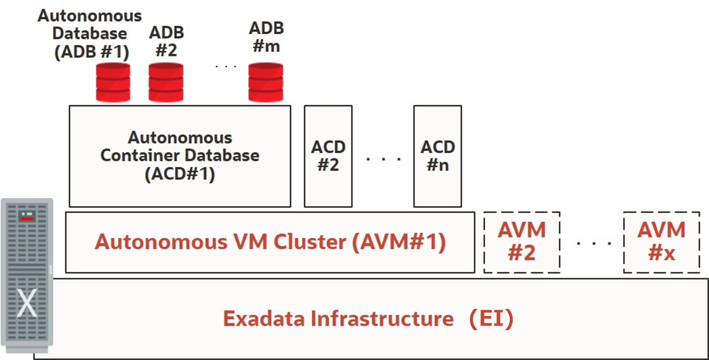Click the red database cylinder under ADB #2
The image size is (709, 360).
click(x=166, y=82)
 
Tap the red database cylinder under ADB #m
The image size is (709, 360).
click(x=265, y=82)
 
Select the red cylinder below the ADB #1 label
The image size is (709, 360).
click(x=113, y=82)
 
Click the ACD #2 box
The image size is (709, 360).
click(x=328, y=156)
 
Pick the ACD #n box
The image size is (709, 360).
click(x=437, y=156)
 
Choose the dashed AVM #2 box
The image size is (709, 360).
click(x=522, y=242)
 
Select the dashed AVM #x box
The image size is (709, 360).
click(x=661, y=242)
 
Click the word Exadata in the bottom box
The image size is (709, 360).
click(x=264, y=319)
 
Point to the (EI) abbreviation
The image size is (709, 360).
click(x=491, y=319)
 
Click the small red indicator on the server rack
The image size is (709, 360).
click(x=27, y=219)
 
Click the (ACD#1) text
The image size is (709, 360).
click(x=180, y=174)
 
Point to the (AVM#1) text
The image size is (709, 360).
click(x=399, y=242)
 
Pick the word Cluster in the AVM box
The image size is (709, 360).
click(x=310, y=242)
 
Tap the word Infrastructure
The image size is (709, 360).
click(x=382, y=319)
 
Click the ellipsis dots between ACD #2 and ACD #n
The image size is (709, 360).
click(x=383, y=159)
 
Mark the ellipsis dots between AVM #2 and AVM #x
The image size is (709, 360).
click(x=594, y=243)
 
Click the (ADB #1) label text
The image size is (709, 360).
click(x=91, y=52)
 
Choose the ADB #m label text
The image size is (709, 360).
click(x=266, y=37)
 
